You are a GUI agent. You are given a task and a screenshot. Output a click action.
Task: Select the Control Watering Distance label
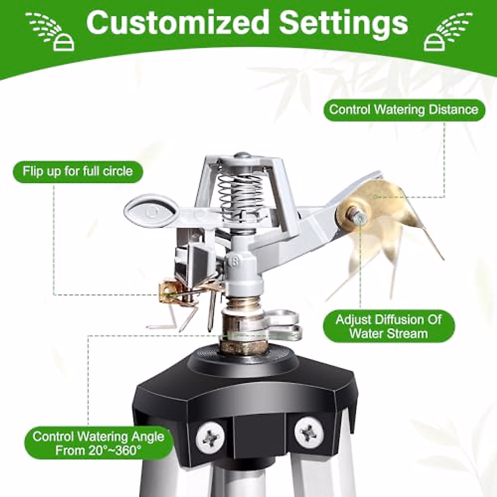403,110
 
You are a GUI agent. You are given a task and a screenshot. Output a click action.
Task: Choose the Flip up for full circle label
77,171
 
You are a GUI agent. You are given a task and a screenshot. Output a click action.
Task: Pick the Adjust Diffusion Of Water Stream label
388,326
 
